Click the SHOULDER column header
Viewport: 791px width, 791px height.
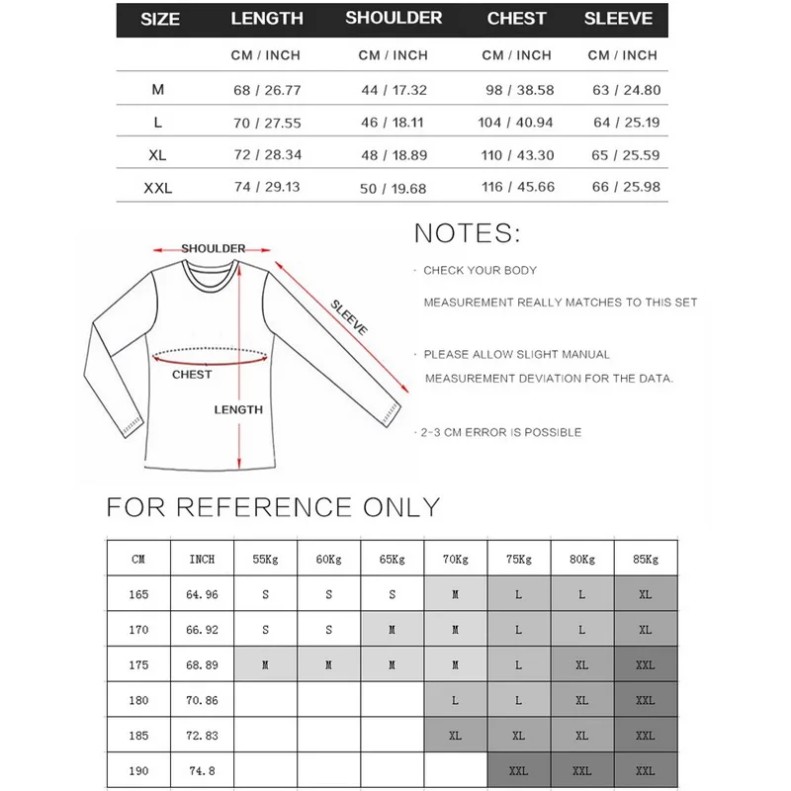click(x=394, y=18)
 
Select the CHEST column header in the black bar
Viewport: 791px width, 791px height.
click(x=516, y=18)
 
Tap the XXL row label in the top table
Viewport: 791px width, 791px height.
click(x=157, y=188)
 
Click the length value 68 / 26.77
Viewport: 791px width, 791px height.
click(x=266, y=90)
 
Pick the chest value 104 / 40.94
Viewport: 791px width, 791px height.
click(x=517, y=123)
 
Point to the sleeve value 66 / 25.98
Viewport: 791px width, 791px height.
click(x=624, y=188)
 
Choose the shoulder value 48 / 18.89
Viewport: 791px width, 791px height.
click(x=394, y=155)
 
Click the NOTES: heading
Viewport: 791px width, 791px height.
click(x=467, y=233)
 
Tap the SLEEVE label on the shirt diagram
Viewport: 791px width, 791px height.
click(x=347, y=316)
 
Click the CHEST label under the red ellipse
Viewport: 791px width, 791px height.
click(x=192, y=375)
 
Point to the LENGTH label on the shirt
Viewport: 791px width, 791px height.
click(x=238, y=409)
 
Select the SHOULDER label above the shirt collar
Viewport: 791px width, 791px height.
click(x=213, y=248)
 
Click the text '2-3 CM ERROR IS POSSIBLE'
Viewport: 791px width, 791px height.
click(x=500, y=432)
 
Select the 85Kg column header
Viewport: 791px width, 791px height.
click(x=645, y=559)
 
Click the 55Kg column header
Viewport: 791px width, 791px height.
click(x=265, y=559)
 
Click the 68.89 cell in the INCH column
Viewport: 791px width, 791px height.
click(x=202, y=665)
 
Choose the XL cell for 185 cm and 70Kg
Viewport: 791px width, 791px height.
click(x=455, y=737)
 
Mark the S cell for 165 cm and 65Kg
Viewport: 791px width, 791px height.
click(x=392, y=594)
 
